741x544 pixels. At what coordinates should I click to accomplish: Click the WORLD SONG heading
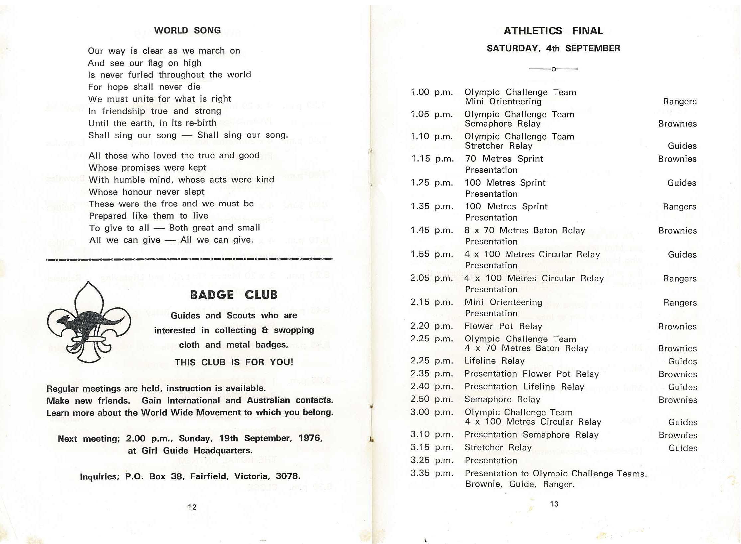click(187, 30)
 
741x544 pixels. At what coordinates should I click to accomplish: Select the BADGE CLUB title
click(234, 295)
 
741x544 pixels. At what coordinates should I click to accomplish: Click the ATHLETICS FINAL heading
click(553, 31)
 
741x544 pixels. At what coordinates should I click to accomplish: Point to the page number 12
click(192, 507)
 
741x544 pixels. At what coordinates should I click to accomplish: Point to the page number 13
click(554, 504)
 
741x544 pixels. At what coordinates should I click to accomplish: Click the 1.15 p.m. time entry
click(432, 159)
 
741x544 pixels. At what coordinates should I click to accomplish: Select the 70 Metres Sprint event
click(504, 159)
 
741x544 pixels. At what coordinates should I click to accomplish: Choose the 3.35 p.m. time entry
click(432, 473)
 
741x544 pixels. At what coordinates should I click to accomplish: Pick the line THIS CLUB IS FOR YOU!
click(234, 362)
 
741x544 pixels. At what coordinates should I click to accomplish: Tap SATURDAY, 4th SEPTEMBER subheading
click(554, 49)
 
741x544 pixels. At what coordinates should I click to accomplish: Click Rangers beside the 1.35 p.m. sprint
click(679, 207)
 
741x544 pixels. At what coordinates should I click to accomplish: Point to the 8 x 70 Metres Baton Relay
click(525, 231)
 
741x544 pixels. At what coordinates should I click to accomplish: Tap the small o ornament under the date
click(554, 69)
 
